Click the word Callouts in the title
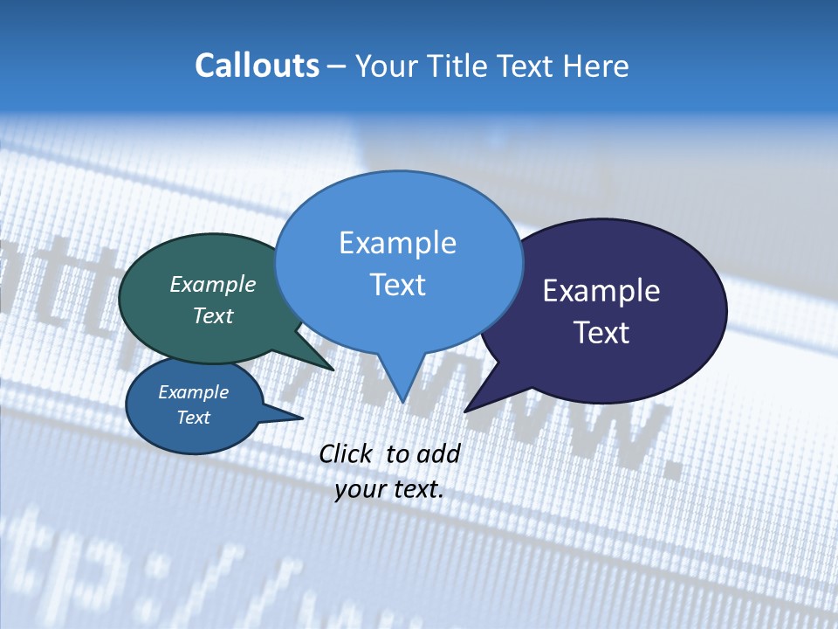click(257, 66)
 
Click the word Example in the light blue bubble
click(397, 243)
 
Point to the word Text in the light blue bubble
click(397, 285)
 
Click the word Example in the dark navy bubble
click(601, 291)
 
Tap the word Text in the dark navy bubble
click(601, 333)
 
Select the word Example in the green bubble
click(213, 284)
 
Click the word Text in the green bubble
click(213, 315)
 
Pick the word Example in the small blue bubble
click(193, 392)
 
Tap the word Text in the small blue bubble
click(193, 418)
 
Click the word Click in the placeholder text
click(345, 453)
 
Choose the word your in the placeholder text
click(359, 489)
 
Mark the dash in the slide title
click(338, 66)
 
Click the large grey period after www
click(670, 470)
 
